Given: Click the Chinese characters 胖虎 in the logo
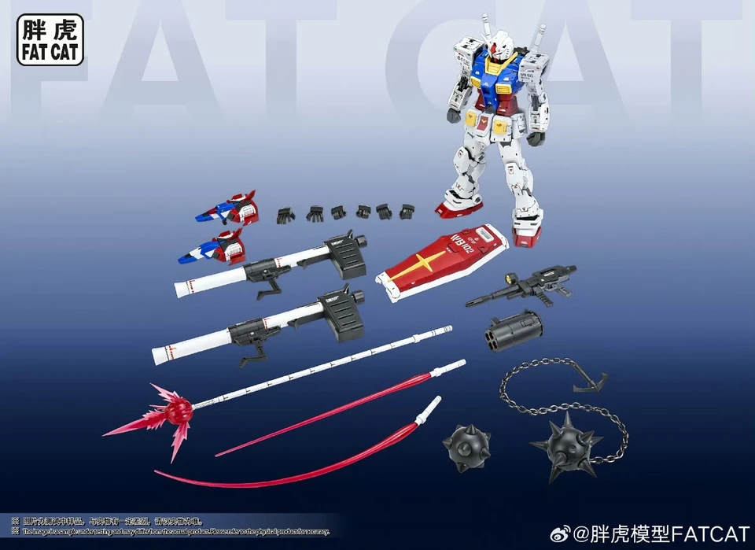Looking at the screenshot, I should [x=50, y=31].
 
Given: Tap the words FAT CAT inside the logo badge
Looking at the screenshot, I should [x=50, y=53].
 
